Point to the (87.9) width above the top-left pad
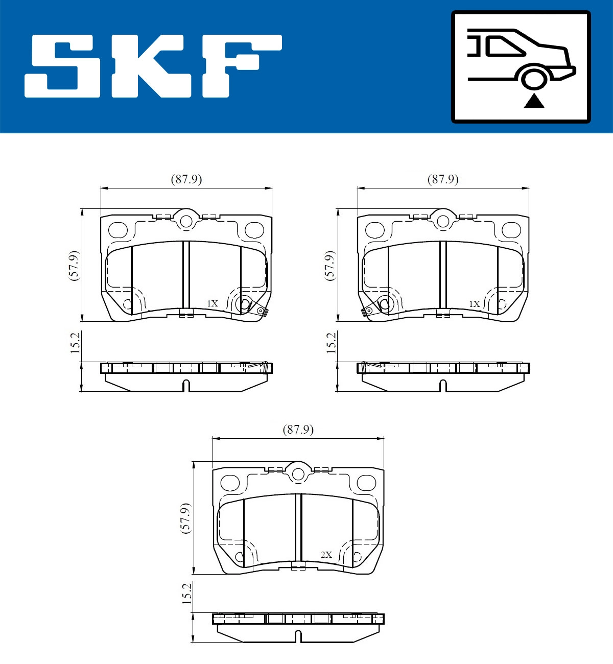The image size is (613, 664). pos(186,179)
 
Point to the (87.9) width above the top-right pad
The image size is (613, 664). pos(442,179)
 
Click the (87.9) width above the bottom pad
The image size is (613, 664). pos(298,430)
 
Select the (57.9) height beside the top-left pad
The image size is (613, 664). pos(75,265)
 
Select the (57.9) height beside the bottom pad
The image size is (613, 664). pos(186,518)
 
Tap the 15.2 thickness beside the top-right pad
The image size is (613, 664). pos(331,343)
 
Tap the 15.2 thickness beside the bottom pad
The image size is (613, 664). pos(187,594)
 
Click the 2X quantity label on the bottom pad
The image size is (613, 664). pos(326,555)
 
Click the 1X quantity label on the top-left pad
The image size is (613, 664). pos(212,303)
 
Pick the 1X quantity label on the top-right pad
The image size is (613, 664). pos(474,304)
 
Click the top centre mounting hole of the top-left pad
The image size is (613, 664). pos(186,221)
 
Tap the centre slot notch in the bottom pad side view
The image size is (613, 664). pos(298,636)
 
